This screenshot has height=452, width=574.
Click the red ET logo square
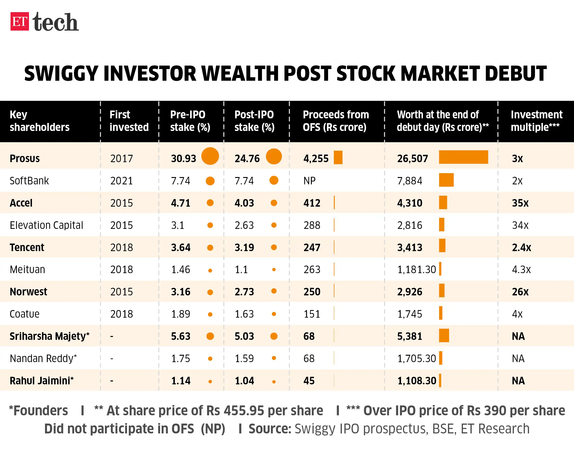[x=20, y=21]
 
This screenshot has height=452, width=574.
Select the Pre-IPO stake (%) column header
[x=190, y=121]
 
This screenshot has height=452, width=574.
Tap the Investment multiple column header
[x=536, y=121]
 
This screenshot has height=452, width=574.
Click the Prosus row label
[x=25, y=158]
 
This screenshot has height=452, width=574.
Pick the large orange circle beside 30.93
[x=210, y=156]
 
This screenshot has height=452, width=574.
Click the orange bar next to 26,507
[x=463, y=157]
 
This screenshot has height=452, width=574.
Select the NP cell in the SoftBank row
[x=309, y=181]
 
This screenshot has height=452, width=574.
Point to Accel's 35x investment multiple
[x=520, y=203]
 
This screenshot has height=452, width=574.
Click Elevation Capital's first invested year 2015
[x=121, y=225]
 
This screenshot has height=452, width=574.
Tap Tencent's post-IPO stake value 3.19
[x=244, y=247]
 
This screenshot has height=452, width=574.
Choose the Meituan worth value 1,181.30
[x=416, y=269]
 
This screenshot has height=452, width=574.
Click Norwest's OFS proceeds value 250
[x=312, y=292]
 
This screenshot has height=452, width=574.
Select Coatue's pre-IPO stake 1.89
[x=180, y=314]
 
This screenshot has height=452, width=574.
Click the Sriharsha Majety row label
[x=50, y=336]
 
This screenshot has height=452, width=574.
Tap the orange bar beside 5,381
[x=444, y=336]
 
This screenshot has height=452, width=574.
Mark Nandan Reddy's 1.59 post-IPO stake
[x=244, y=358]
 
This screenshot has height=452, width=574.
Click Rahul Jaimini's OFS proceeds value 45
[x=309, y=380]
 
